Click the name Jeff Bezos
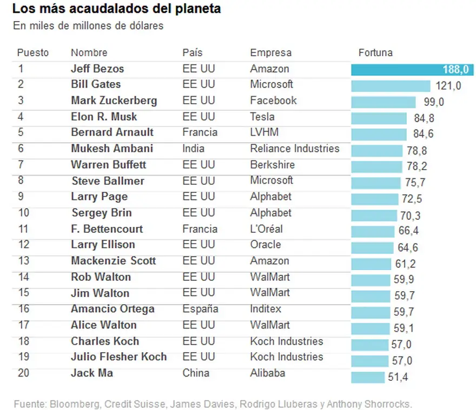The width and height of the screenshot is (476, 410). click(x=97, y=69)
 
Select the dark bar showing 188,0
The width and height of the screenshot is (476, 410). click(x=412, y=70)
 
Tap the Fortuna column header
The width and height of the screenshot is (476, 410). click(x=375, y=52)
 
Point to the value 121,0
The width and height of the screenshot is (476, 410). click(x=448, y=86)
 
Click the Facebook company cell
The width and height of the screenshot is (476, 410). click(x=273, y=100)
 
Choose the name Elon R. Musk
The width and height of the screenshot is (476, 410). click(x=104, y=117)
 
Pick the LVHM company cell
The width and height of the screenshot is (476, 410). click(x=264, y=132)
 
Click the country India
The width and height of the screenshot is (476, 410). click(x=194, y=149)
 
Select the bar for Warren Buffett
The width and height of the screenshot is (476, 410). click(x=376, y=166)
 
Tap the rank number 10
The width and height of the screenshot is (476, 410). click(x=24, y=213)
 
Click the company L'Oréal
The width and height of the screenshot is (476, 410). click(x=266, y=228)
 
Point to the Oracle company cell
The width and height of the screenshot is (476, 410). click(x=266, y=244)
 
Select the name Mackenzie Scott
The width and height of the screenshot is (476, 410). click(x=113, y=260)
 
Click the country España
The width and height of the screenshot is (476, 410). click(x=200, y=308)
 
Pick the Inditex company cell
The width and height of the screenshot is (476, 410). click(x=266, y=308)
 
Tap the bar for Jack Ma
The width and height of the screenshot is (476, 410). click(x=368, y=378)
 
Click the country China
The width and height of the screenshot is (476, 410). click(x=196, y=373)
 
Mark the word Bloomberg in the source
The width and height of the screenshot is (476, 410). click(x=75, y=404)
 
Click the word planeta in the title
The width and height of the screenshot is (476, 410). click(x=198, y=9)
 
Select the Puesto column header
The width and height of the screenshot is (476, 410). click(x=33, y=52)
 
